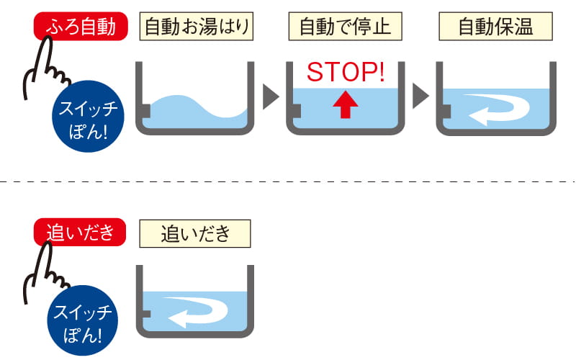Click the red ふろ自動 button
80,28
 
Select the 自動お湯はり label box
197,28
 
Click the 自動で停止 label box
344,28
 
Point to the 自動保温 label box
495,28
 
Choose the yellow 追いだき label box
195,233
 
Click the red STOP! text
345,72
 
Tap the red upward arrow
345,105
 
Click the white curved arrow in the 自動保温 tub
496,108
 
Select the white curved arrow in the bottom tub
195,311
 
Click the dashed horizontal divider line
288,181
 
